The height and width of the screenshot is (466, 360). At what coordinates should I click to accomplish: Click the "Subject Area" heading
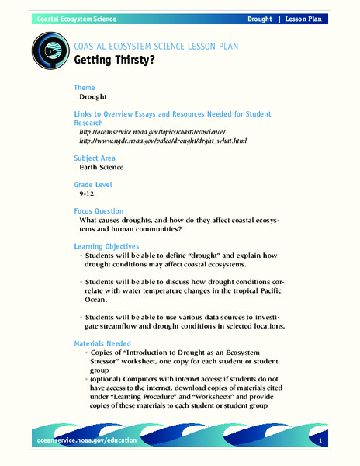point(96,158)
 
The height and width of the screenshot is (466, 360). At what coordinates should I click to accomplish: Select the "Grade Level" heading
point(93,185)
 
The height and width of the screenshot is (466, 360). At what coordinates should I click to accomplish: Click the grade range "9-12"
point(88,195)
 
